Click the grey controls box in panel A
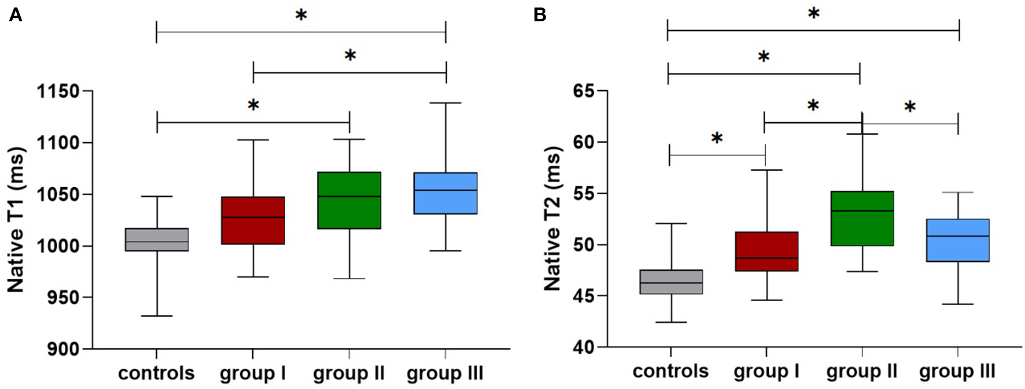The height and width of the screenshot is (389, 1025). (x=157, y=239)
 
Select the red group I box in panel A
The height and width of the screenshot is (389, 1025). (x=253, y=221)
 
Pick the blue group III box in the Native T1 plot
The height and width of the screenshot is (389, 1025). (x=445, y=194)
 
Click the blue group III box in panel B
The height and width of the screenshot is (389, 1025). (x=957, y=240)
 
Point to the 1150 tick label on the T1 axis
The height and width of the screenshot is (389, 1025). (x=58, y=91)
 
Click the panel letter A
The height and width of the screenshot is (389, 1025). (x=16, y=15)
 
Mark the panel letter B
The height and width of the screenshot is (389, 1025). (x=540, y=15)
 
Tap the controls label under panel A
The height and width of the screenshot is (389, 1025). (x=156, y=373)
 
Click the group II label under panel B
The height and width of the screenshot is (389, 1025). (x=861, y=371)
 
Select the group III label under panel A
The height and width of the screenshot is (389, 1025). (x=445, y=373)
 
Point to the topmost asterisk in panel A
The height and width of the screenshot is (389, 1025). (x=301, y=16)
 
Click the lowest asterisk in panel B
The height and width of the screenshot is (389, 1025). (x=717, y=139)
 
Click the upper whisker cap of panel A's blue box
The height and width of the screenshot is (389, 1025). (x=445, y=103)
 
